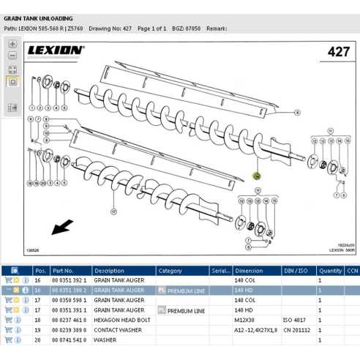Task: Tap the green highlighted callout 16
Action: [256, 176]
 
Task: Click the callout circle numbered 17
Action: [114, 211]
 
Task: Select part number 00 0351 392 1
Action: [70, 280]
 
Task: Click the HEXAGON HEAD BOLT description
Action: [121, 320]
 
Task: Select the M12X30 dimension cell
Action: [245, 320]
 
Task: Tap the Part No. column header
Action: [63, 270]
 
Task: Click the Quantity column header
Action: [330, 270]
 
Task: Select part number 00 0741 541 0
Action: [70, 340]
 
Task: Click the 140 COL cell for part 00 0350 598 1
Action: [245, 300]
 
